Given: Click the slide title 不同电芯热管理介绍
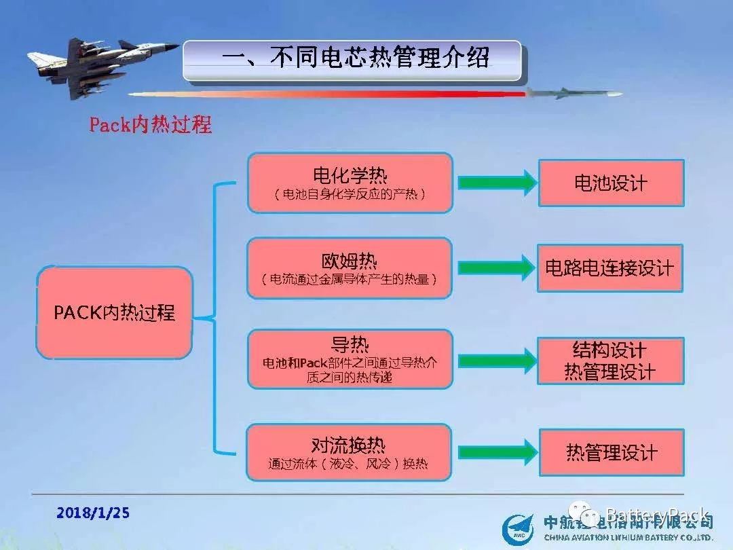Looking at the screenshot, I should (x=354, y=59).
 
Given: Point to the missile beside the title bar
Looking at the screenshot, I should (x=574, y=94).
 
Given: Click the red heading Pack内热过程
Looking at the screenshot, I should (x=150, y=125).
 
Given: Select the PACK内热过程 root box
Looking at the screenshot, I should (x=114, y=312).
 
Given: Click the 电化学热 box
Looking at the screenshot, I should (x=350, y=183).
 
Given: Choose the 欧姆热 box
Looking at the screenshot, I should (x=350, y=268).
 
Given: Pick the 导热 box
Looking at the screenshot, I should (x=350, y=359).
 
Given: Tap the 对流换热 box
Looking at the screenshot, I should (x=350, y=452).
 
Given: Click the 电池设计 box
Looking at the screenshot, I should (x=611, y=183).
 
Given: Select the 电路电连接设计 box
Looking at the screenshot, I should (x=609, y=268).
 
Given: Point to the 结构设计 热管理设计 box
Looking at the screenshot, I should (x=610, y=361).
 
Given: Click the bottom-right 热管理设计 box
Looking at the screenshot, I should (x=612, y=452).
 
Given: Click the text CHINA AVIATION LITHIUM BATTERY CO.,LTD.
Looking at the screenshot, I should (x=628, y=537).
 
